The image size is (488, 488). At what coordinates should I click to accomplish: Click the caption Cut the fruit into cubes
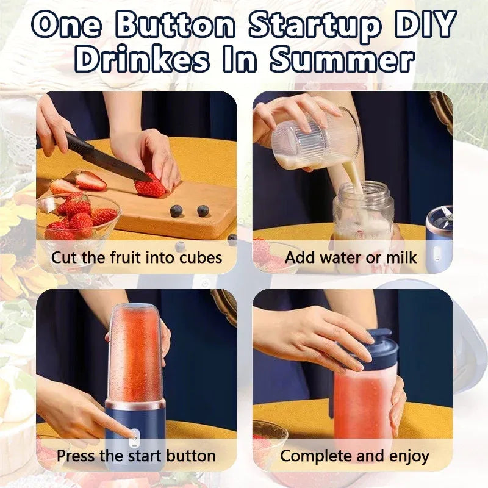click(137, 257)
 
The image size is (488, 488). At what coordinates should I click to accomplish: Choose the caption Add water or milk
click(351, 257)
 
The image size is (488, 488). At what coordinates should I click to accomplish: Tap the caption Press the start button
click(137, 455)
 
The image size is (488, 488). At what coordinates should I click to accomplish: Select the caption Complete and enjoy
click(354, 455)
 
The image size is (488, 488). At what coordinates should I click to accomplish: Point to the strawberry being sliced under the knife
click(149, 186)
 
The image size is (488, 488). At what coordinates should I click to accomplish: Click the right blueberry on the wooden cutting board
click(203, 210)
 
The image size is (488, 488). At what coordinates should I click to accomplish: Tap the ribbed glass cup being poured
click(311, 140)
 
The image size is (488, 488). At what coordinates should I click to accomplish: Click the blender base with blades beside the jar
click(439, 235)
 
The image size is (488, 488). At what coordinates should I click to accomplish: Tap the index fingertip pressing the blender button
click(130, 434)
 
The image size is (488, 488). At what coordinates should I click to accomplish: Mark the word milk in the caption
click(400, 257)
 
